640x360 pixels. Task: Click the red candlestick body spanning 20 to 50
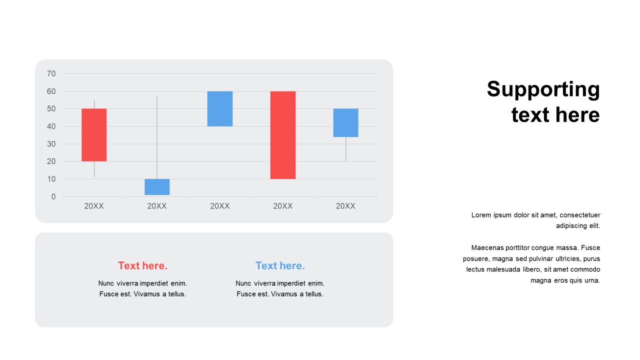(94, 135)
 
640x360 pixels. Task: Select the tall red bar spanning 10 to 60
(283, 135)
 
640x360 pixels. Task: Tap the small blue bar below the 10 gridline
(157, 187)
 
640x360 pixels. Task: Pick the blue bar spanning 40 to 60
(220, 109)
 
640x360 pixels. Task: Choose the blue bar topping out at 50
(345, 123)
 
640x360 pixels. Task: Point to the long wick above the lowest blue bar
(157, 137)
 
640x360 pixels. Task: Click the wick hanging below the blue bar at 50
(346, 149)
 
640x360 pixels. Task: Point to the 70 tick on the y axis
(51, 73)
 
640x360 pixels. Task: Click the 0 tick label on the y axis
(53, 196)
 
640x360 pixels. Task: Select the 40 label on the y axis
(51, 126)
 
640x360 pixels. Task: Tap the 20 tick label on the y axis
(51, 161)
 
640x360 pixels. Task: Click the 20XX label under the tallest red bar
(283, 206)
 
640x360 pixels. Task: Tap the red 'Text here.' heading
(143, 265)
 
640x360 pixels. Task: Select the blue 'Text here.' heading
(280, 265)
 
